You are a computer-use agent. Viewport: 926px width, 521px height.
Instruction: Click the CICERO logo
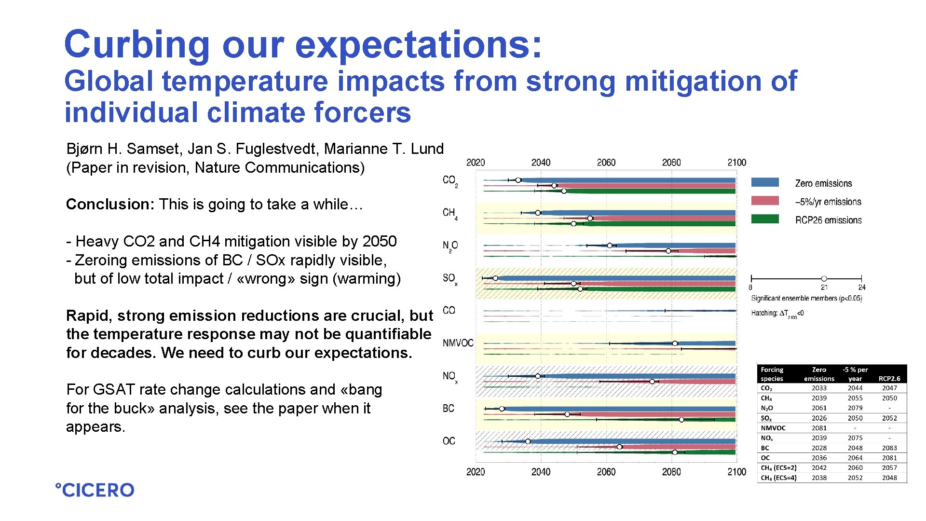click(x=95, y=490)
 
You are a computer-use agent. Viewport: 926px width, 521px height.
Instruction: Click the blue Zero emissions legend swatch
click(x=764, y=182)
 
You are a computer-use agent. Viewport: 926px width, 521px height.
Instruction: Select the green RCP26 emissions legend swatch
click(x=764, y=219)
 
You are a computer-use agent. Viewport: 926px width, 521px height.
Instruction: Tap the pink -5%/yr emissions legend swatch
click(x=764, y=201)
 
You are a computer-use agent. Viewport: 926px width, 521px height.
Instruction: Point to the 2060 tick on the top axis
click(x=606, y=163)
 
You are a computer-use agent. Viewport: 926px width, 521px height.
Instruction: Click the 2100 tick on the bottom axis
click(x=736, y=471)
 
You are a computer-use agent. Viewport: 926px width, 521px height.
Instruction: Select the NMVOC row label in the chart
click(x=458, y=343)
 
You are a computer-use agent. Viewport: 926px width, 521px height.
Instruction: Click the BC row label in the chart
click(x=449, y=409)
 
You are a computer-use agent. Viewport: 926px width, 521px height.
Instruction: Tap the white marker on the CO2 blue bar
click(x=518, y=180)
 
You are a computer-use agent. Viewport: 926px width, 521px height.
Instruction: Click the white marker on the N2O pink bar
click(x=668, y=251)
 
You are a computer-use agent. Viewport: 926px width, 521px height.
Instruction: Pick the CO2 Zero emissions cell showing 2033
click(x=818, y=388)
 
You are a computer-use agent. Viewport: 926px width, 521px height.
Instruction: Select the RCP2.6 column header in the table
click(x=889, y=379)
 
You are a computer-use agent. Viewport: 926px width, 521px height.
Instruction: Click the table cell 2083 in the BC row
click(x=889, y=448)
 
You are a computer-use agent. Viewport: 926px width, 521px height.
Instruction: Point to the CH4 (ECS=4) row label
click(x=778, y=478)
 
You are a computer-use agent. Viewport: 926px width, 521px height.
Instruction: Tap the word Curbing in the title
click(x=136, y=44)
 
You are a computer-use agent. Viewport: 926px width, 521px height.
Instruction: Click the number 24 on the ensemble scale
click(x=862, y=288)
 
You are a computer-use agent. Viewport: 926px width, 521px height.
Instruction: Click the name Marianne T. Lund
click(x=383, y=149)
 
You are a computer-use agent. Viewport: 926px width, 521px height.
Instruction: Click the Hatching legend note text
click(x=777, y=314)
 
